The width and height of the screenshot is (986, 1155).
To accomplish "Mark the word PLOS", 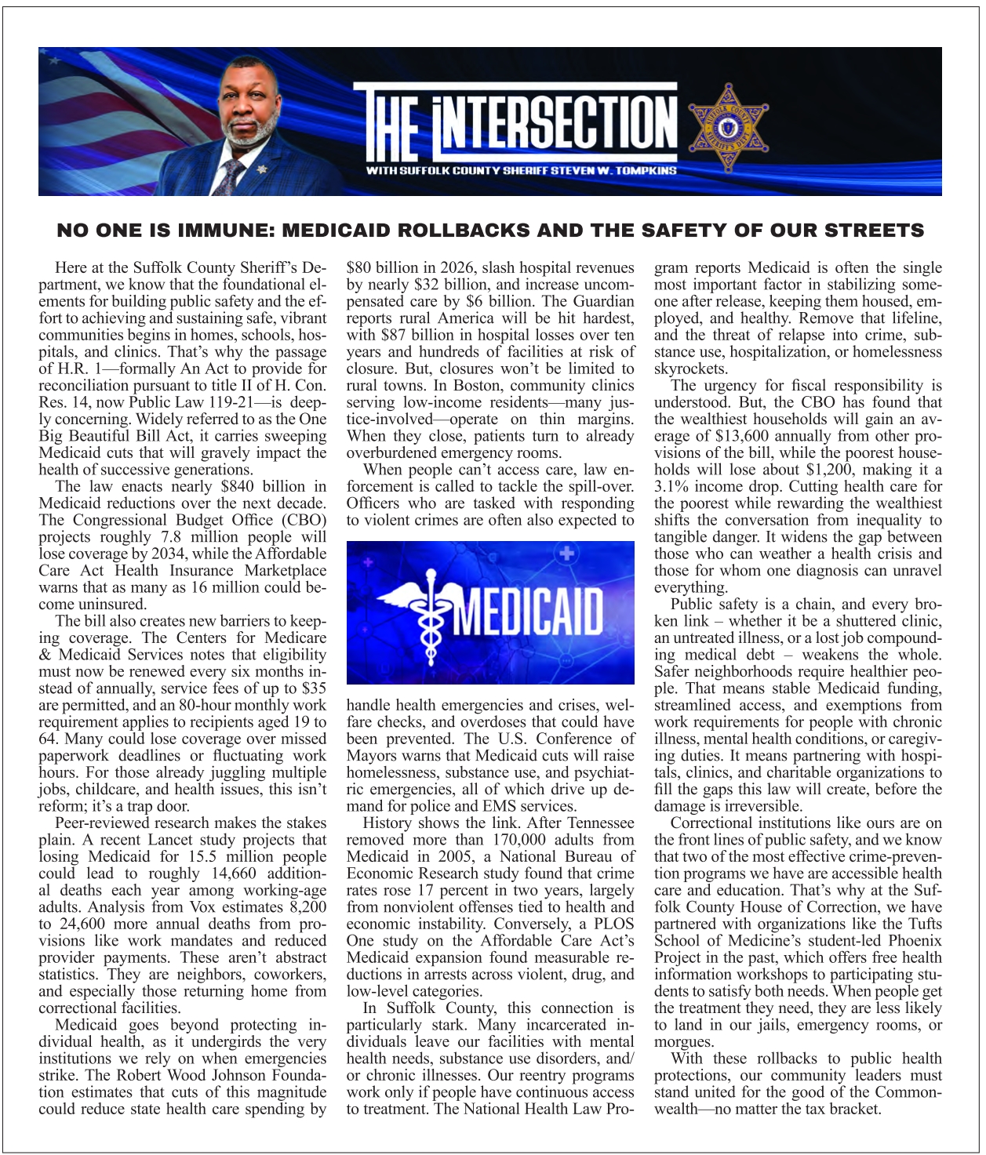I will pos(614,924).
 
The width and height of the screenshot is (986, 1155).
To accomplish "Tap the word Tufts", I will pos(922,924).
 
